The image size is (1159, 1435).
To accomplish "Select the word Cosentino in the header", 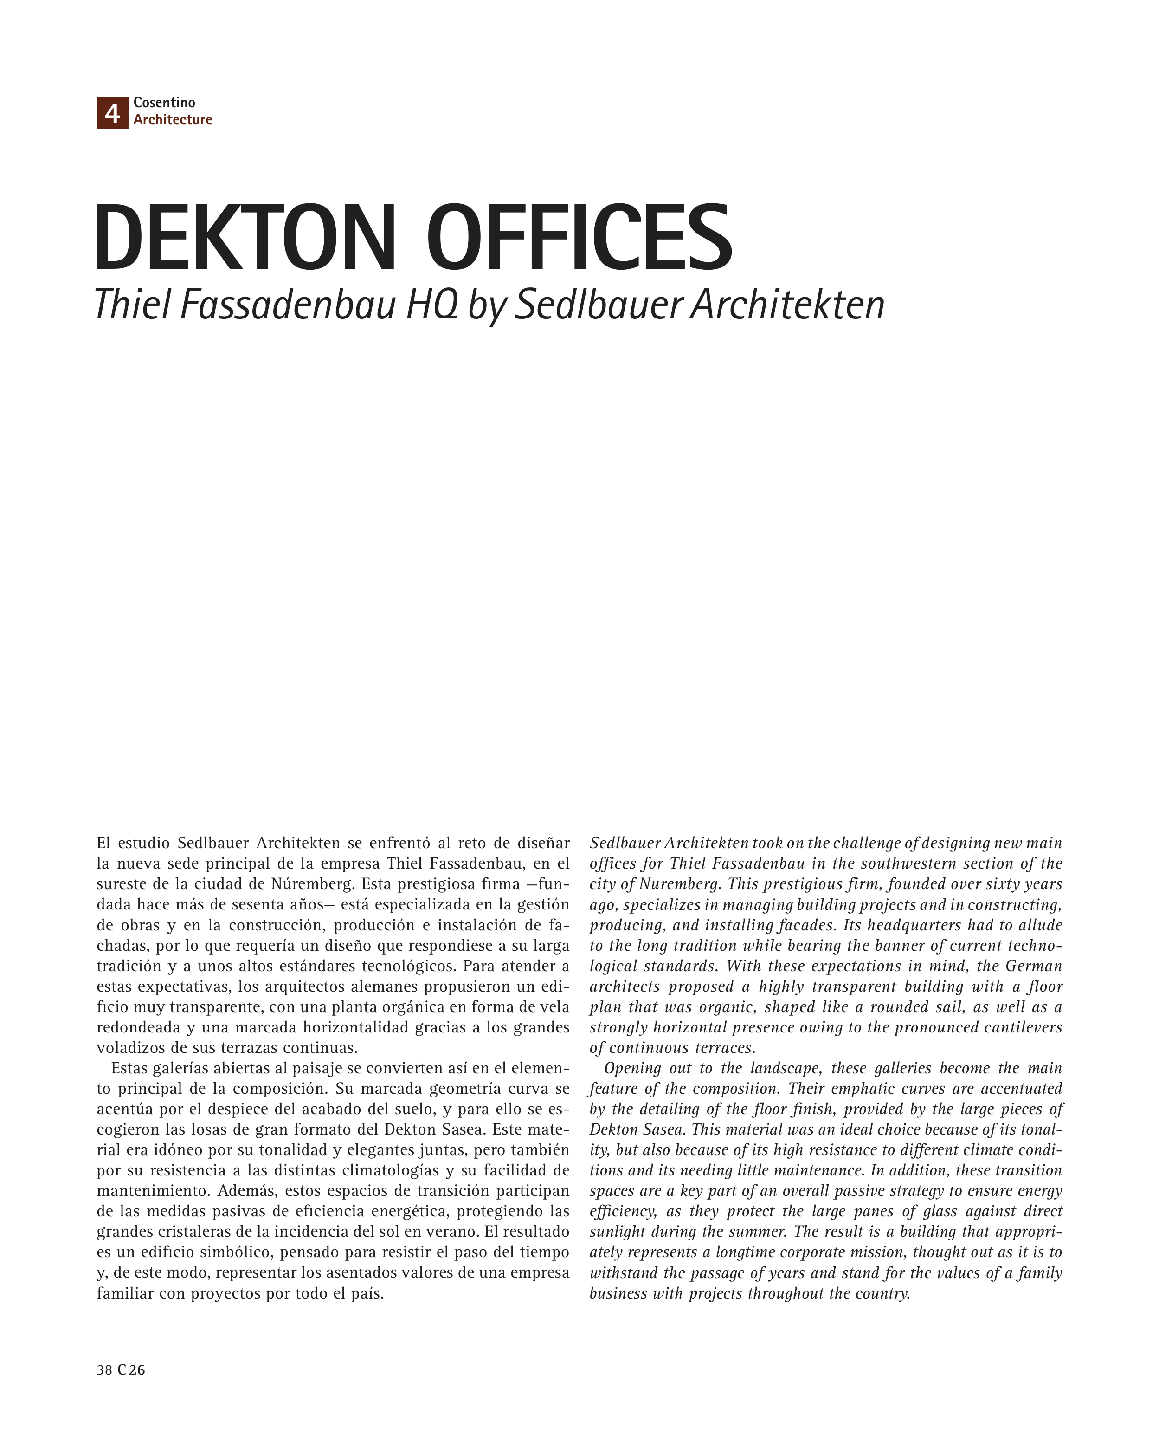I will [x=164, y=102].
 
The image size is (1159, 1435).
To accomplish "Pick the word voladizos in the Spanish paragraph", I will [x=128, y=1047].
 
